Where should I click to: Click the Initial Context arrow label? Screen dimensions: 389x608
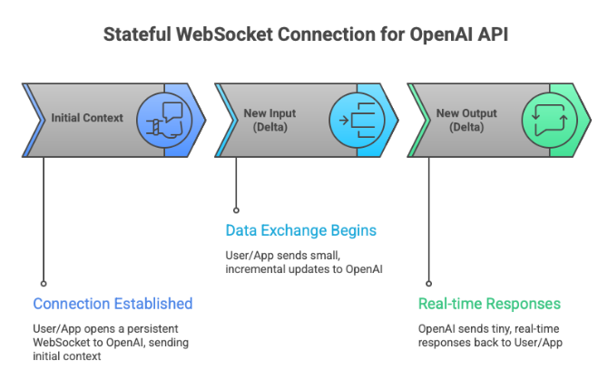point(87,118)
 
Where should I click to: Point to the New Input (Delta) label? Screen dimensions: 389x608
point(270,119)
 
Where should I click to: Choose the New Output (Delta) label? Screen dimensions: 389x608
point(460,119)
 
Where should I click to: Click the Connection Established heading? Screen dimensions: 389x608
point(113,304)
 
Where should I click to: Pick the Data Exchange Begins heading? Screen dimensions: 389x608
point(300,231)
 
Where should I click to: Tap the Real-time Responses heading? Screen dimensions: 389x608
point(489,304)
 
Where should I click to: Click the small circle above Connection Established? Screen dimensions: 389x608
point(44,282)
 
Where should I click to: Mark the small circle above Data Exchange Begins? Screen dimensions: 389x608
point(236,209)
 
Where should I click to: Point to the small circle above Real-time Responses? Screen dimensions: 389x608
point(428,282)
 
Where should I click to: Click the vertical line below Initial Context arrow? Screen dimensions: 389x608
point(44,218)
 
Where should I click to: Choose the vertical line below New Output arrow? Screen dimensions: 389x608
point(428,218)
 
